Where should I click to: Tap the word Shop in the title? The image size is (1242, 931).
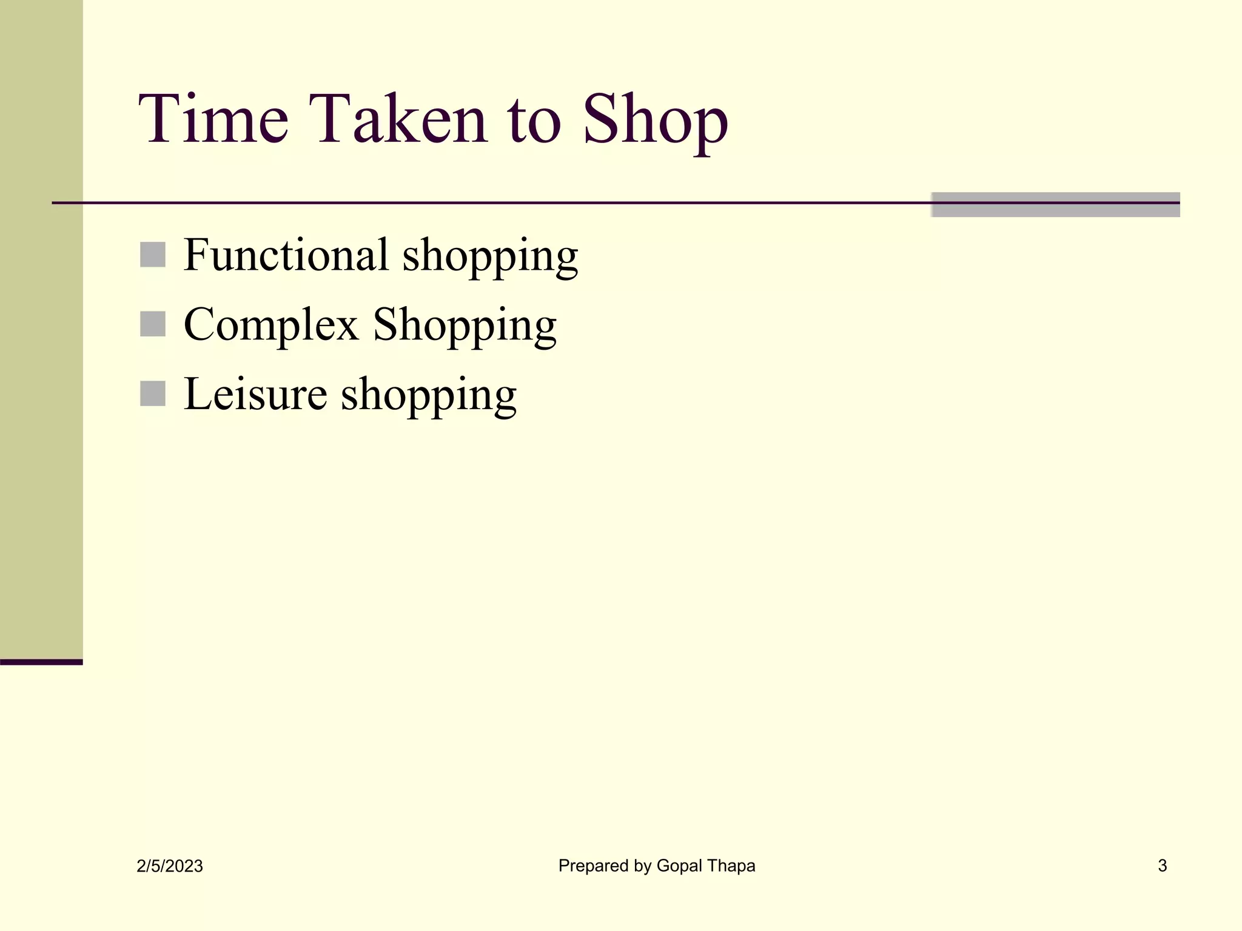tap(655, 119)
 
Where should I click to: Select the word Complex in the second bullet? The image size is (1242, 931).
tap(271, 325)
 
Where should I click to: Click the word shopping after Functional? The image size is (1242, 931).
tap(490, 257)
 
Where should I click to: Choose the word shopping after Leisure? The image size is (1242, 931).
tap(429, 396)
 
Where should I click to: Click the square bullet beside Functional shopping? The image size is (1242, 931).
tap(153, 255)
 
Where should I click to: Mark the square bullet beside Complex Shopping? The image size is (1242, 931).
tap(153, 324)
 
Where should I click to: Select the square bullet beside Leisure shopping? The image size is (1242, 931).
tap(153, 394)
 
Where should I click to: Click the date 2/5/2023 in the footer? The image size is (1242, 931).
tap(170, 866)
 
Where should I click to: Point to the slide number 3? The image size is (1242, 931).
tap(1162, 866)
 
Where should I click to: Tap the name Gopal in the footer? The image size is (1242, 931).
tap(679, 866)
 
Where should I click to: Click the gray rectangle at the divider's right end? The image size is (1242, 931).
tap(1055, 205)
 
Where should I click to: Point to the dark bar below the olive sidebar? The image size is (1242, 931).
tap(41, 662)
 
